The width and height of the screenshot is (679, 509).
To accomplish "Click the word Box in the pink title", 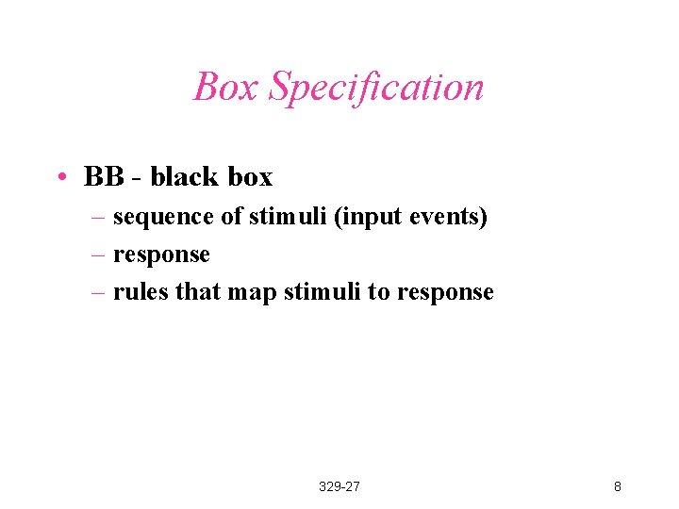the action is pyautogui.click(x=226, y=87).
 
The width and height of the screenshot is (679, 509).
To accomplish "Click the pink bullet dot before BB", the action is pyautogui.click(x=59, y=177).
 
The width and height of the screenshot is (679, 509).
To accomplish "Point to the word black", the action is pyautogui.click(x=184, y=176).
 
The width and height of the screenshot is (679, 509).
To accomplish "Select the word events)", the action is pyautogui.click(x=451, y=217).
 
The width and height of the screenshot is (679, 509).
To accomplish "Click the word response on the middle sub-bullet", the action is pyautogui.click(x=161, y=254).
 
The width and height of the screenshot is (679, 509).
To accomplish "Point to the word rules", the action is pyautogui.click(x=141, y=292).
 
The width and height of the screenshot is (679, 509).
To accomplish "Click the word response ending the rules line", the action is pyautogui.click(x=445, y=292).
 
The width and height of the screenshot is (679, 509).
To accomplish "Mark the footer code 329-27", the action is pyautogui.click(x=339, y=486).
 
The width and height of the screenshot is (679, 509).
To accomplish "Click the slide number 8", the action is pyautogui.click(x=617, y=486).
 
